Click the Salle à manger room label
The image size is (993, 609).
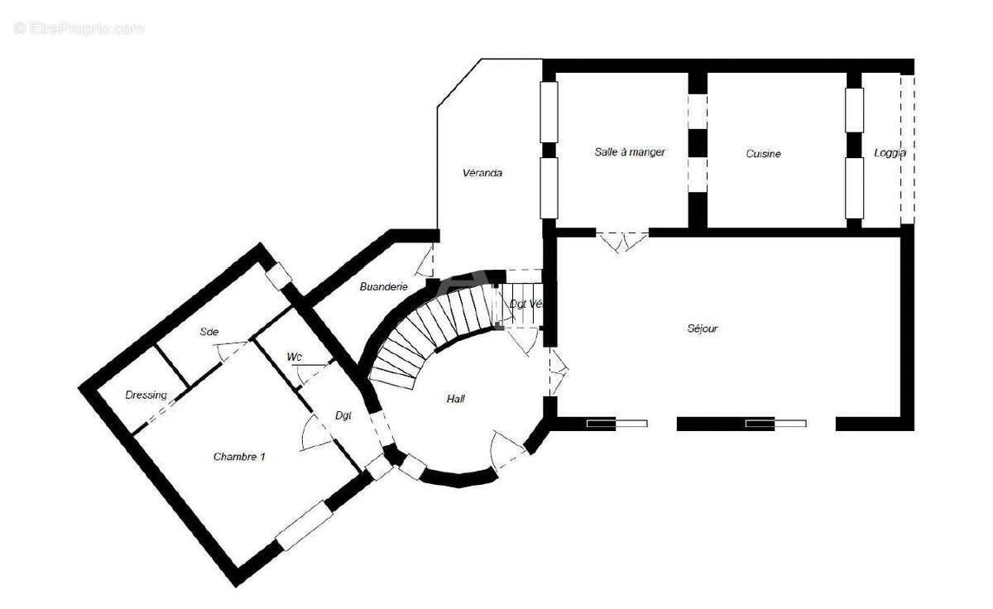click(x=630, y=152)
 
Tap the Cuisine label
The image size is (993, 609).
click(x=763, y=154)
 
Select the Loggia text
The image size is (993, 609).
click(x=890, y=153)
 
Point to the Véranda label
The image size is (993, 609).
click(x=482, y=174)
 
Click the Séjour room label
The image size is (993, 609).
click(x=702, y=328)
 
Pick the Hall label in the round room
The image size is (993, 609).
click(x=455, y=399)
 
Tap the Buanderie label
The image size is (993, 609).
click(x=383, y=287)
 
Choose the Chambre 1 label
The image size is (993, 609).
click(x=239, y=456)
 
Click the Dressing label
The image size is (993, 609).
click(x=146, y=396)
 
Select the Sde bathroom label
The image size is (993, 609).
click(x=209, y=332)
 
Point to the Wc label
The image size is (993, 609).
click(x=294, y=357)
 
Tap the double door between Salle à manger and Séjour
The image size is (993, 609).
click(x=622, y=241)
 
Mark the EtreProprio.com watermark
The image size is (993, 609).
click(x=79, y=28)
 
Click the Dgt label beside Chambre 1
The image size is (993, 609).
click(x=343, y=415)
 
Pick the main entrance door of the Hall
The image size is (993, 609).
click(x=506, y=451)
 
